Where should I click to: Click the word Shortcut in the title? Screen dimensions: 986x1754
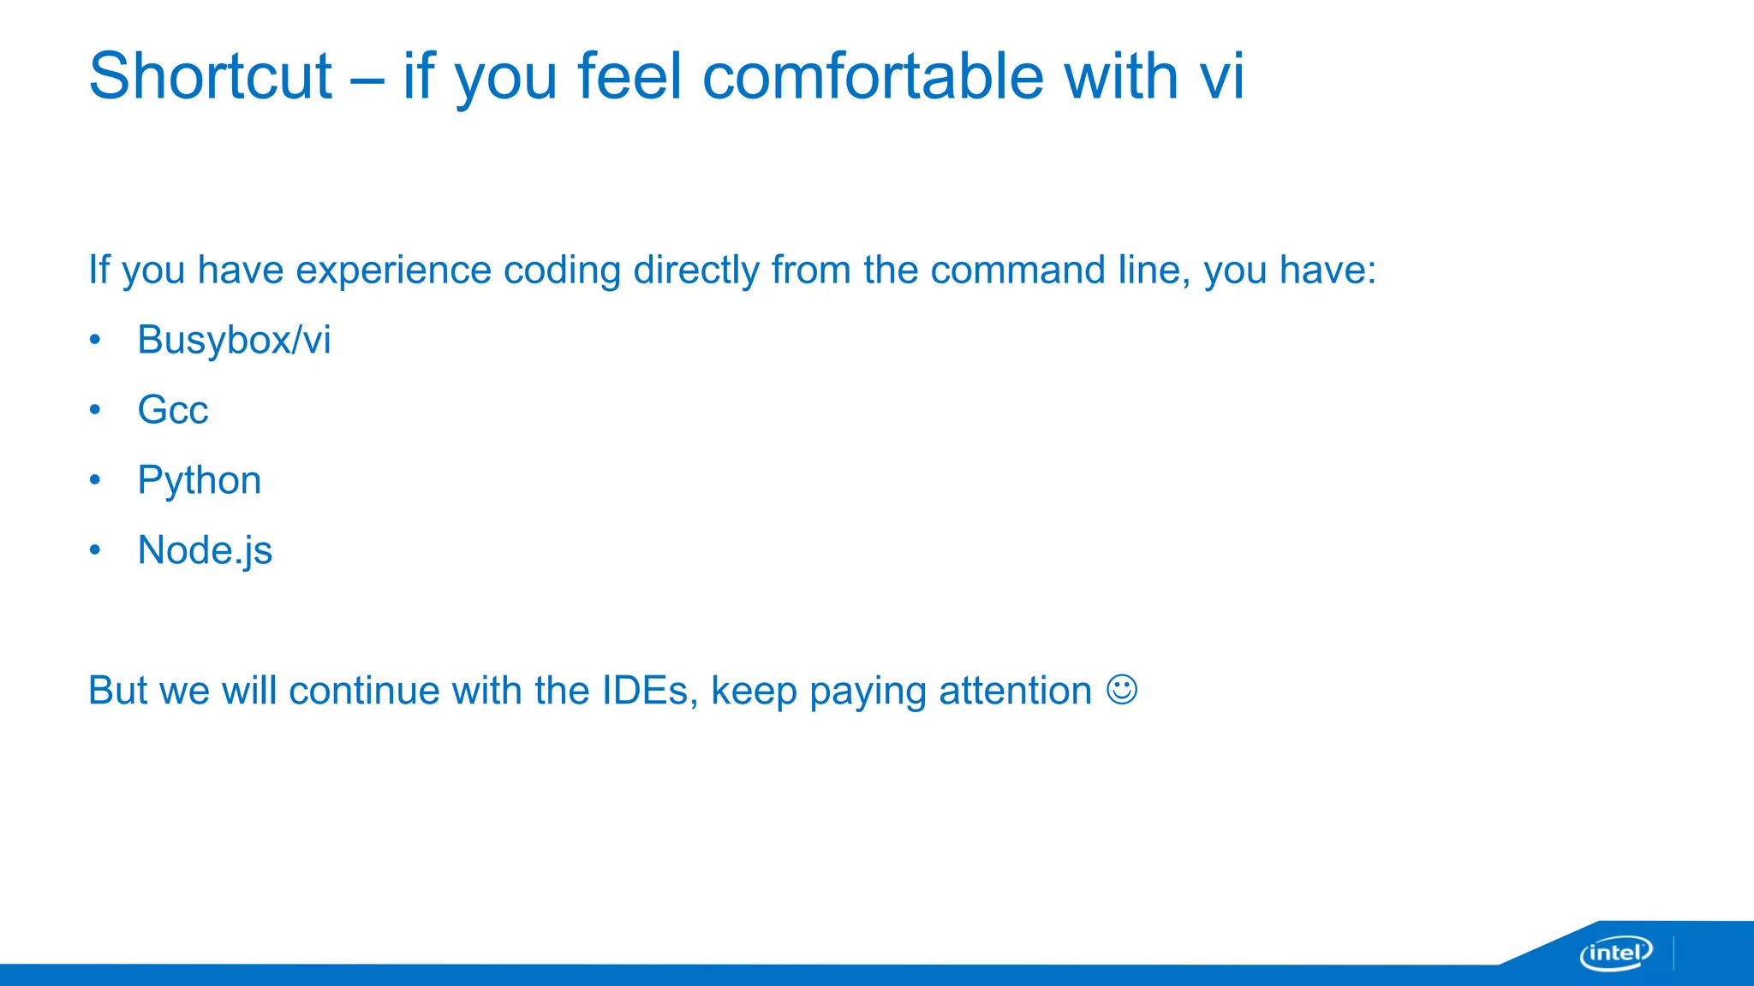pyautogui.click(x=210, y=77)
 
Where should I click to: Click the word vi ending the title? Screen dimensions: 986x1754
pyautogui.click(x=1221, y=77)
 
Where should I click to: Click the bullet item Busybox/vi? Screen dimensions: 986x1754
pyautogui.click(x=234, y=341)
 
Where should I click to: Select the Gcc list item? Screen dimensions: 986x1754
pyautogui.click(x=173, y=410)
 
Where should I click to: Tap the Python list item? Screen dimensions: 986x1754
pyautogui.click(x=200, y=480)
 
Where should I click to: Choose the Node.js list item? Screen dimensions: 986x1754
pyautogui.click(x=205, y=550)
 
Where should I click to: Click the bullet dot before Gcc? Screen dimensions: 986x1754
pyautogui.click(x=95, y=410)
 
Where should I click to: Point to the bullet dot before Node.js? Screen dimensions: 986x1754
pyautogui.click(x=95, y=550)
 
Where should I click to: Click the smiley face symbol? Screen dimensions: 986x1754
pyautogui.click(x=1122, y=690)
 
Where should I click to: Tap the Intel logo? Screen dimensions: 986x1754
pyautogui.click(x=1615, y=953)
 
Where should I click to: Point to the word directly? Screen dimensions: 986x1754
pyautogui.click(x=695, y=270)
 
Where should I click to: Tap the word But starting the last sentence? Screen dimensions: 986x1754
pyautogui.click(x=118, y=691)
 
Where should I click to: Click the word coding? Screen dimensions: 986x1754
pyautogui.click(x=561, y=270)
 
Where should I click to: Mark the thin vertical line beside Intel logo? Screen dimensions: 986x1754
pyautogui.click(x=1673, y=953)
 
